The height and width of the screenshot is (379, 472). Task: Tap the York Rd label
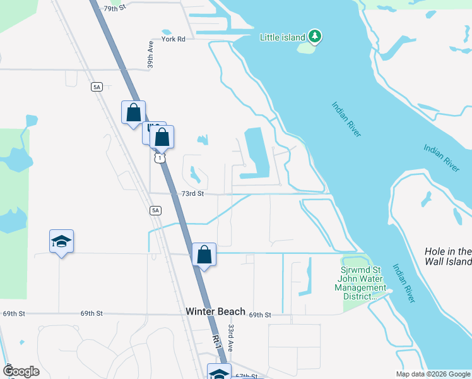tap(173, 39)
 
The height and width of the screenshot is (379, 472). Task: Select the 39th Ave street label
tap(151, 56)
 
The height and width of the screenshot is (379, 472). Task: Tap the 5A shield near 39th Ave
tap(97, 87)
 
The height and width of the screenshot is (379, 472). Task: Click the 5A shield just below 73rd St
tap(155, 210)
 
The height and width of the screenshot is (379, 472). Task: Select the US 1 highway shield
tap(160, 157)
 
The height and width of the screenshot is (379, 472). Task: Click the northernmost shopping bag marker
tap(133, 114)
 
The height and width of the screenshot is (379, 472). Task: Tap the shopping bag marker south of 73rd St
tap(204, 255)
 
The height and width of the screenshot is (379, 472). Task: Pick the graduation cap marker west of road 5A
tap(62, 242)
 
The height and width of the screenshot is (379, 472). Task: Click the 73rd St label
tap(193, 194)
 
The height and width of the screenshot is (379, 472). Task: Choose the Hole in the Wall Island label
tap(448, 256)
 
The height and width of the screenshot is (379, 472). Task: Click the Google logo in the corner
tap(21, 371)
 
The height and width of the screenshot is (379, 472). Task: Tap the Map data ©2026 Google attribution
tap(434, 374)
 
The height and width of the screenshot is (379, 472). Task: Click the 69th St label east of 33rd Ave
tap(259, 315)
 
